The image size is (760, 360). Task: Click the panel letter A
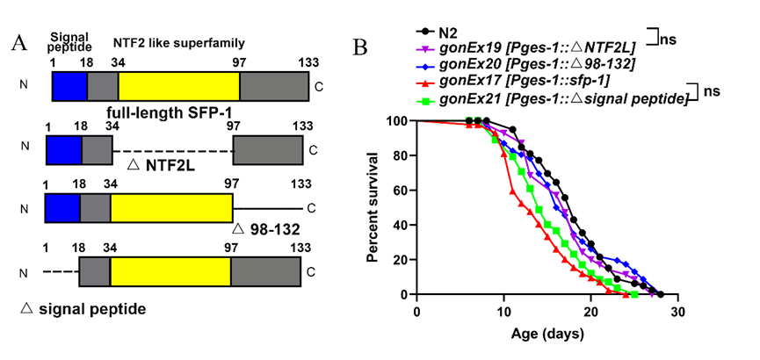(x=18, y=45)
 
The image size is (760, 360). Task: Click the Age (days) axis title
(x=548, y=335)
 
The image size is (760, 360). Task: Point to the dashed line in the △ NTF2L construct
(x=172, y=150)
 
